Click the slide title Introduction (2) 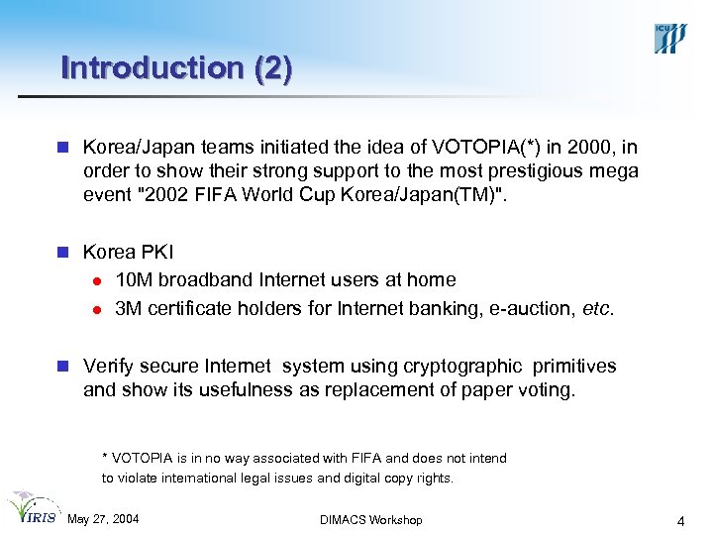[176, 68]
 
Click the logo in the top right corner [669, 37]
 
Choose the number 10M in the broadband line [135, 280]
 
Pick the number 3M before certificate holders [129, 308]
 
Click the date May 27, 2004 [103, 520]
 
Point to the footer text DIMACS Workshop [371, 520]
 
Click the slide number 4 [680, 520]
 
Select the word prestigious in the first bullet [534, 171]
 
